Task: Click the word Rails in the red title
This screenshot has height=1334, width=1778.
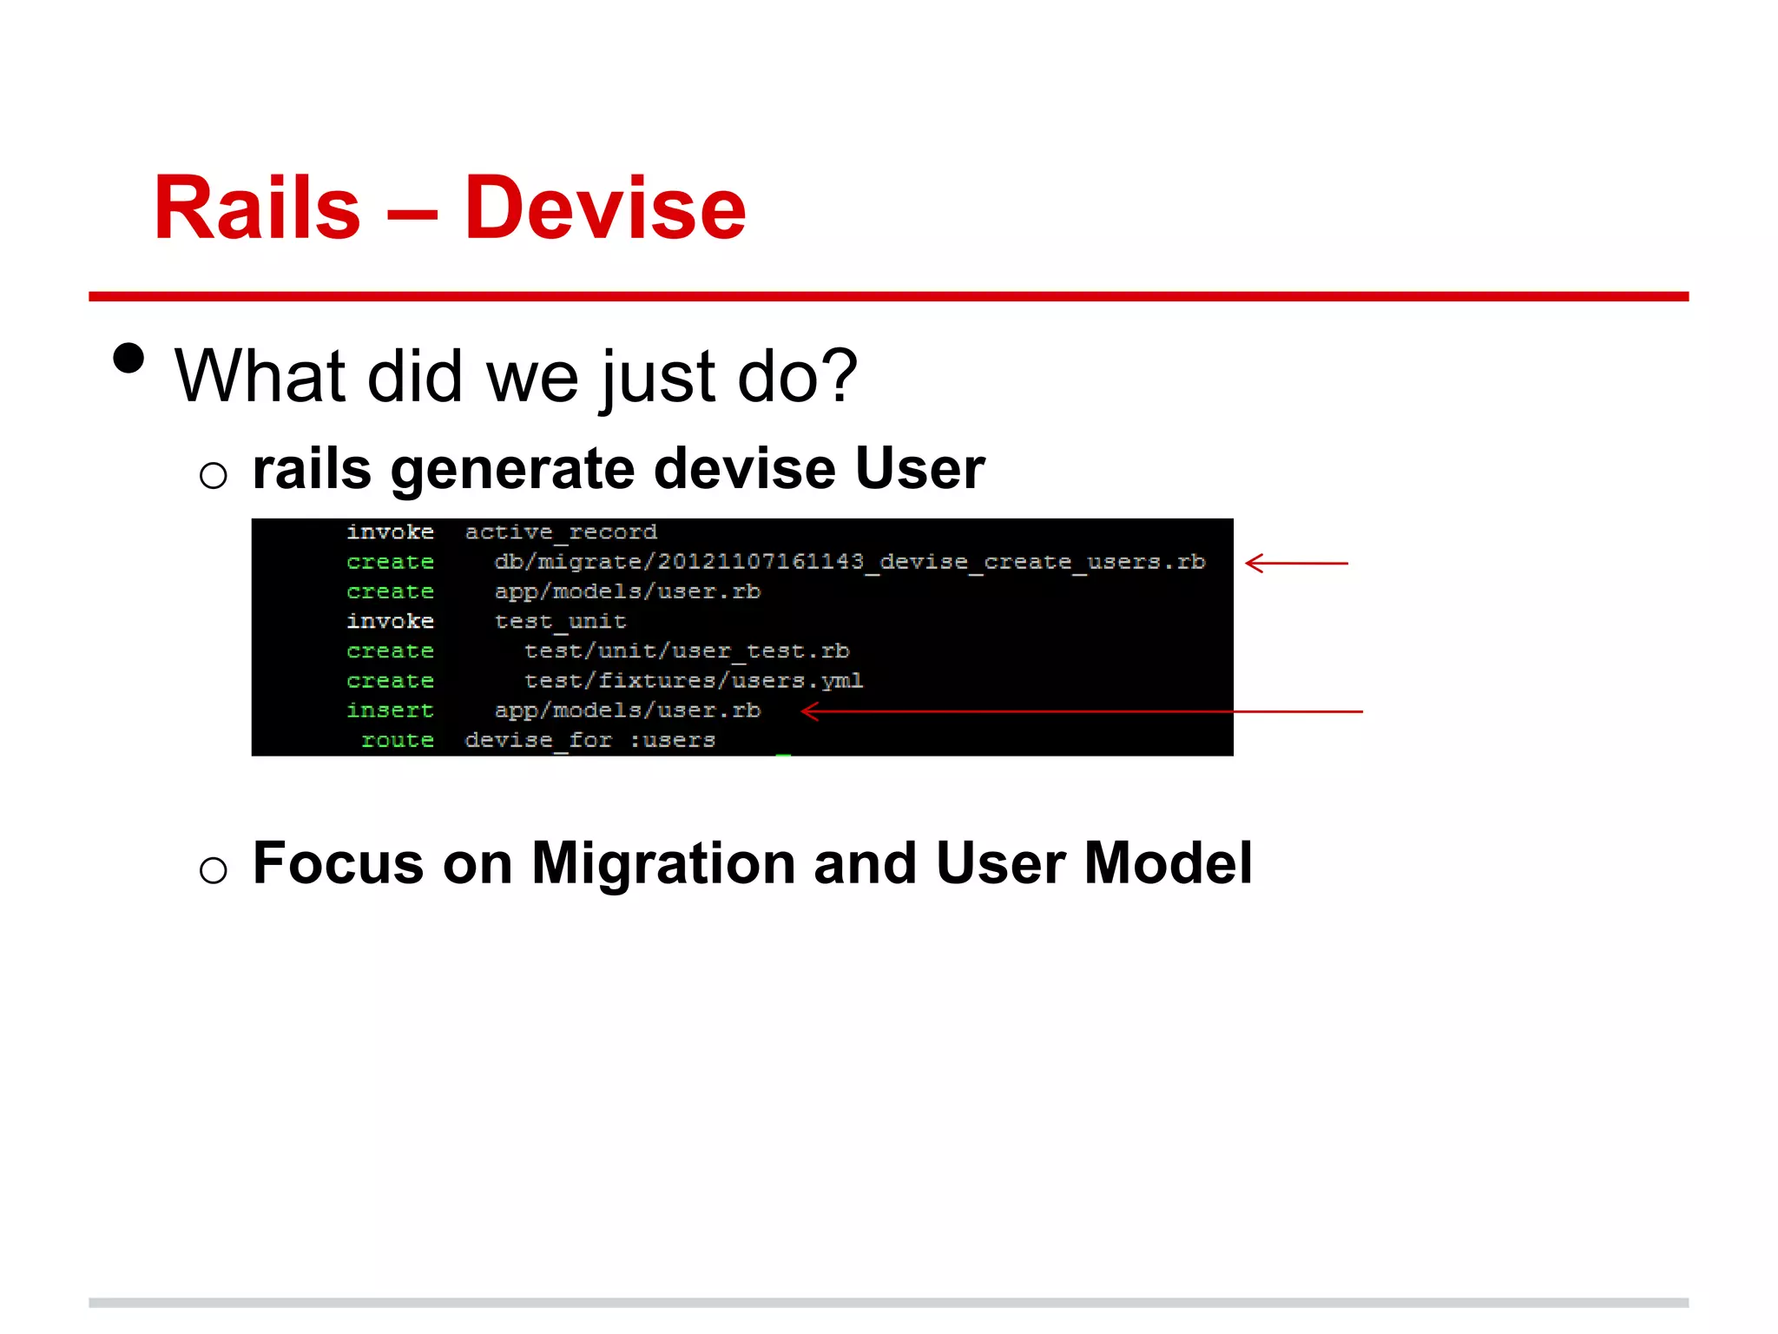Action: [257, 208]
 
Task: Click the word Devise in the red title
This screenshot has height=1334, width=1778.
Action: [605, 208]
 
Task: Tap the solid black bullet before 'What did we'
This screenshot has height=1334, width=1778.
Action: [128, 358]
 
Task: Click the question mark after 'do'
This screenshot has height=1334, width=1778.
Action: [839, 376]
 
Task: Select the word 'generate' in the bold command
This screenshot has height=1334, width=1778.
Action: [513, 470]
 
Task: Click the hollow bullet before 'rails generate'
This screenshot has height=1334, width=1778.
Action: [214, 475]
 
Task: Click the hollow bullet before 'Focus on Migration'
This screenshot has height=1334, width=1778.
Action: [214, 869]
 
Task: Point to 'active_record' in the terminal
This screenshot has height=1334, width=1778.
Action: [561, 532]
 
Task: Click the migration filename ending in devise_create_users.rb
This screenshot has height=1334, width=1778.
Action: [849, 562]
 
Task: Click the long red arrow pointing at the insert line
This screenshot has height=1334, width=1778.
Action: [1081, 711]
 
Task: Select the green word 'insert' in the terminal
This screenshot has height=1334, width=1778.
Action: [390, 710]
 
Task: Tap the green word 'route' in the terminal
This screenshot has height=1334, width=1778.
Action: [398, 740]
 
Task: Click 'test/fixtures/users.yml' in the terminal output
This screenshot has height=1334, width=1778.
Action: [693, 681]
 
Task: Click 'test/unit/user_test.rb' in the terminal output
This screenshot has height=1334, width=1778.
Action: [686, 651]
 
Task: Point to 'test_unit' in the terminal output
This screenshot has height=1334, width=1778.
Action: [560, 622]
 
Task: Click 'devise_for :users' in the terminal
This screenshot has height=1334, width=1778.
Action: [589, 740]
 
